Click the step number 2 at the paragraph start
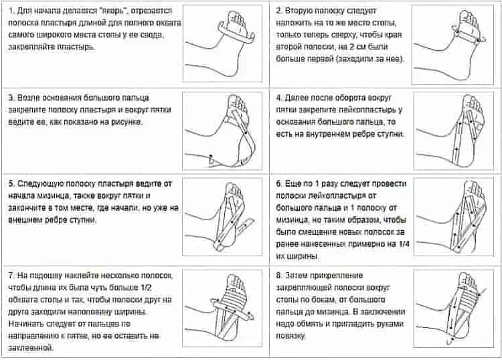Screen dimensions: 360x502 278,11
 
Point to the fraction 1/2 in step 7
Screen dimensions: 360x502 164,288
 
